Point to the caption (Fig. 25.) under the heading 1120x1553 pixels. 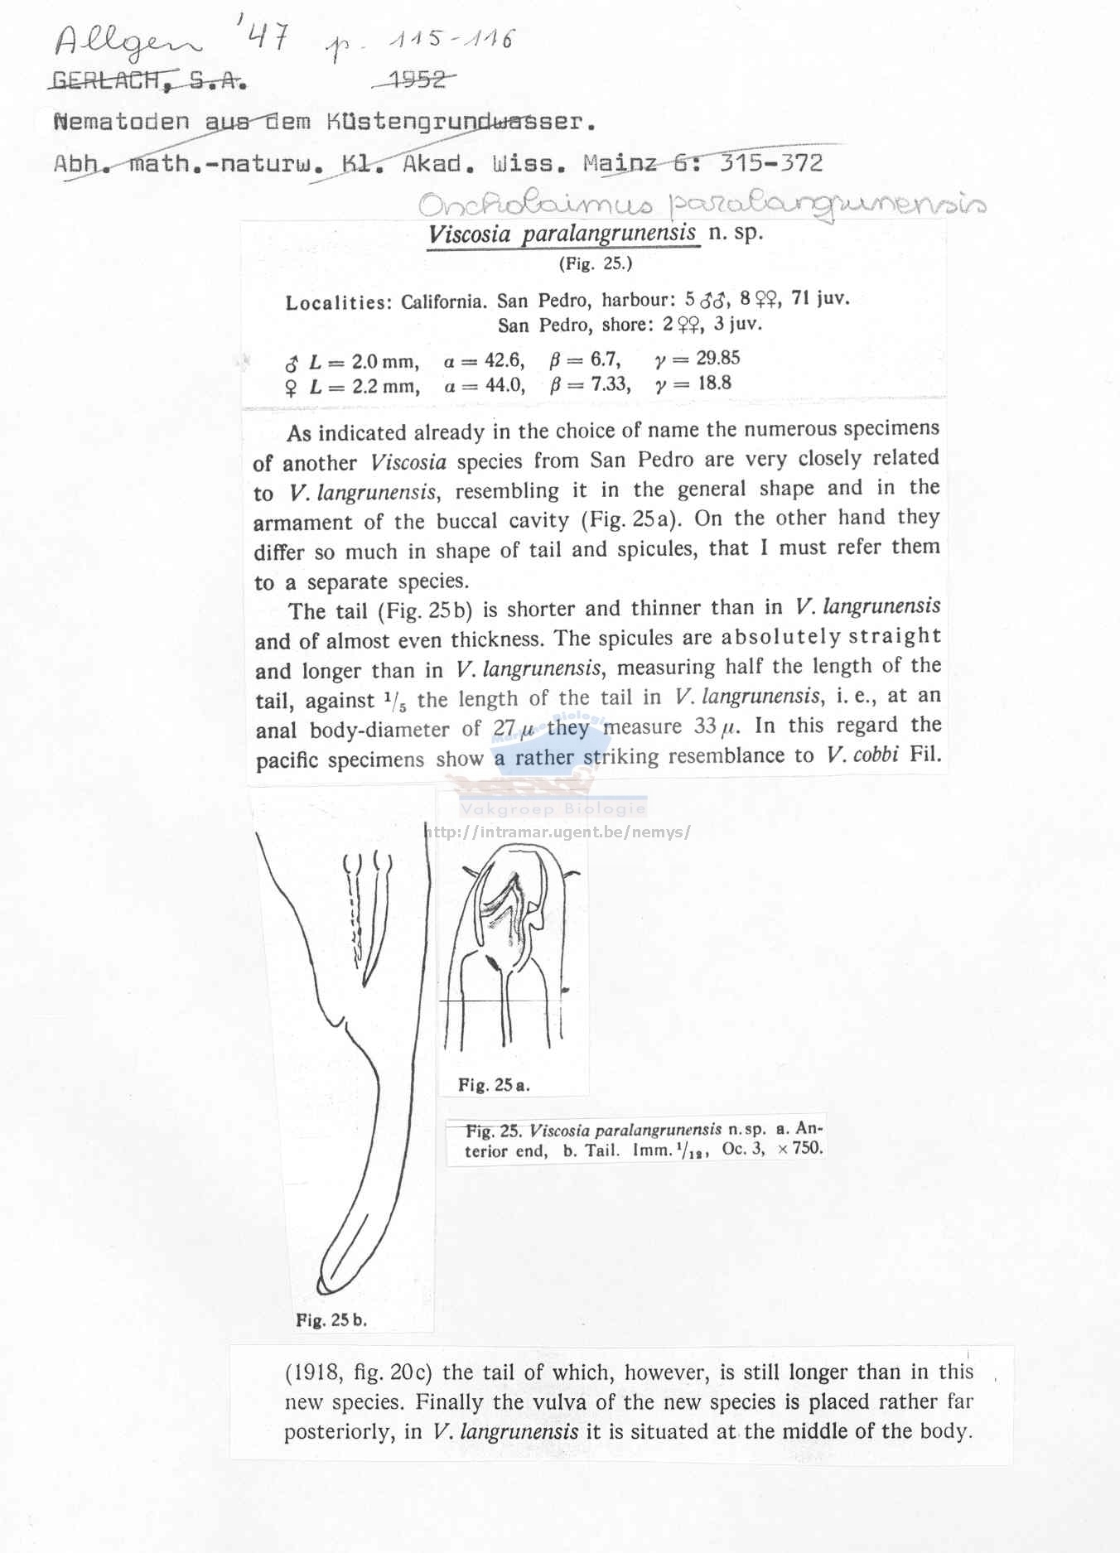(x=595, y=264)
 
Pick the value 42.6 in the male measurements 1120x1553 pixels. (x=504, y=360)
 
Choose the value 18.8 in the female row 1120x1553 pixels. (x=714, y=383)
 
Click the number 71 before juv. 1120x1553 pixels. (x=801, y=298)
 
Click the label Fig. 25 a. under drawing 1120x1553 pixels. (x=494, y=1085)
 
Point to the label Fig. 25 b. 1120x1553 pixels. (x=331, y=1320)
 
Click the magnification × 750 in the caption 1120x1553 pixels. (x=800, y=1149)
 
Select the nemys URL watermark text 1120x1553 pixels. (x=557, y=832)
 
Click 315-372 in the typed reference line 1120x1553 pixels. (x=770, y=163)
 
